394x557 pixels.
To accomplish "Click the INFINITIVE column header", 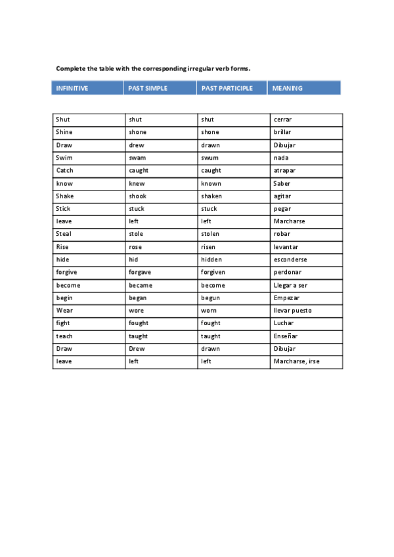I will point(72,88).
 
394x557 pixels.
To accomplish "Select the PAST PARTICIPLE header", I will point(227,88).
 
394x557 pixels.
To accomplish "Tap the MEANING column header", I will point(288,88).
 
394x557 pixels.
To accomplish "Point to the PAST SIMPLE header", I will point(148,88).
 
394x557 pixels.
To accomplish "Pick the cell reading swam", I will point(137,158).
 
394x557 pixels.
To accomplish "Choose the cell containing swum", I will point(209,158).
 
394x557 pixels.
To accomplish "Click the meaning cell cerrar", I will point(282,120).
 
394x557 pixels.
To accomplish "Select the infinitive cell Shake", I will point(65,196).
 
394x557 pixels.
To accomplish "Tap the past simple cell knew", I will point(137,183).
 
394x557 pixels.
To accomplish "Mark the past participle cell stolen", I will point(211,234).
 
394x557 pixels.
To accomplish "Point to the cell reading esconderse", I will point(290,259).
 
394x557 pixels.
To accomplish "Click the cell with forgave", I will point(141,272).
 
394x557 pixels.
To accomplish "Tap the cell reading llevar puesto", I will point(292,310).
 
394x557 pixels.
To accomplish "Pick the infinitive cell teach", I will point(64,336).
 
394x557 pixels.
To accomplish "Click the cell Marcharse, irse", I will point(296,361).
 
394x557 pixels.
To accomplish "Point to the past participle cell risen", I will point(209,247).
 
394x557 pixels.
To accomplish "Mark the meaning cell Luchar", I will point(284,323).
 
